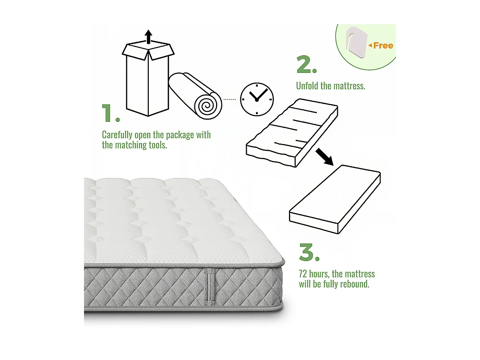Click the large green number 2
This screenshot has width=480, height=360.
point(306,65)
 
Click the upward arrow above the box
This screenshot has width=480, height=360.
point(148,36)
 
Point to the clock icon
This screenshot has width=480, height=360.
point(256,99)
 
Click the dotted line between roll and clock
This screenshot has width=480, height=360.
point(230,99)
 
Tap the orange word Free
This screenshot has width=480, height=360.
point(383,46)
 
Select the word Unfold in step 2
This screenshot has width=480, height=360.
point(307,86)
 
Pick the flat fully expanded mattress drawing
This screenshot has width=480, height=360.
point(335,199)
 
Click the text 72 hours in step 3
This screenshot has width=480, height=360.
point(313,274)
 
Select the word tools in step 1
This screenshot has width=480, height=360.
point(156,145)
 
